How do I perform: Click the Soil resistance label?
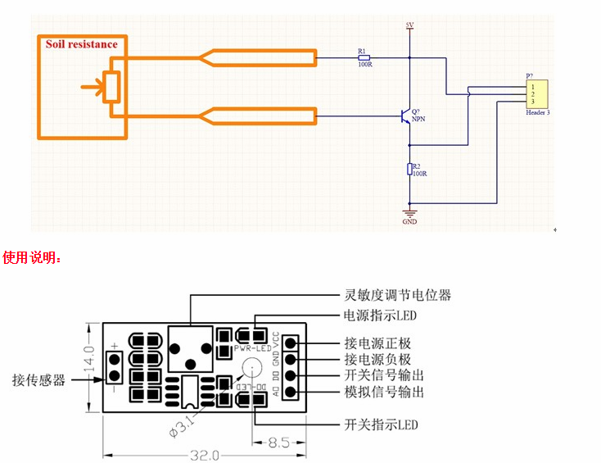point(81,44)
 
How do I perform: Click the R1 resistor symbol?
point(364,58)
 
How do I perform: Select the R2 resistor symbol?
point(411,170)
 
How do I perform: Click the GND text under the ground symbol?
point(410,221)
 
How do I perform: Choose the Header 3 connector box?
point(536,91)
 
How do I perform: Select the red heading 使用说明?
point(32,257)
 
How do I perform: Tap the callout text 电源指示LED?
point(379,315)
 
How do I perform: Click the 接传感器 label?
point(38,379)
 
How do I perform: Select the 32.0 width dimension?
point(204,455)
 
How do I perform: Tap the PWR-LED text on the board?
point(251,348)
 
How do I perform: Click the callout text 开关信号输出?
point(384,376)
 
